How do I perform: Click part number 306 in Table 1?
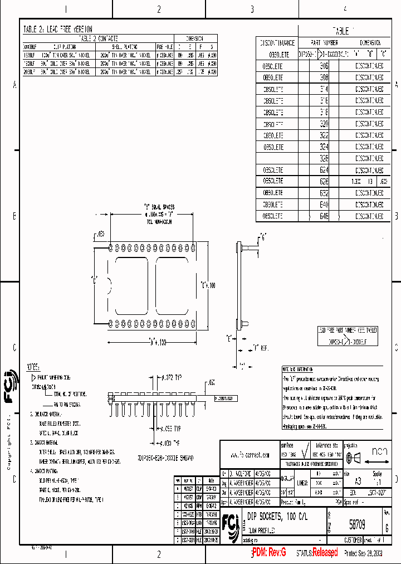pos(324,65)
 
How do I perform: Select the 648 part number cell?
pos(324,216)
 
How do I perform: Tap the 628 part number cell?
pos(324,182)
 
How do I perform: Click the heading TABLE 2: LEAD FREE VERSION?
pos(58,29)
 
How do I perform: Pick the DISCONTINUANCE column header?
pos(277,42)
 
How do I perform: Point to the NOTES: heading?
pos(33,367)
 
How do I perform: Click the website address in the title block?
pos(254,455)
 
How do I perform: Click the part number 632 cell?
pos(324,193)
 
